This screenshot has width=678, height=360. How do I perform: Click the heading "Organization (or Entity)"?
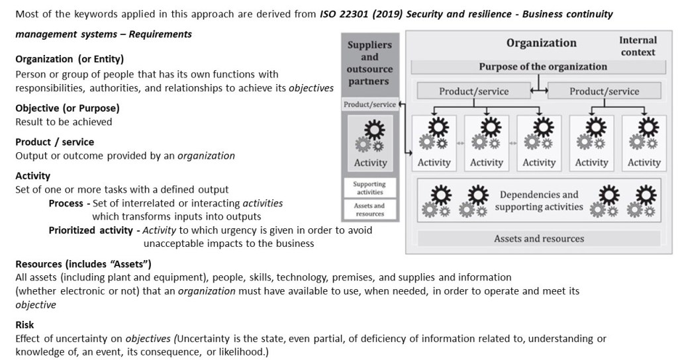pyautogui.click(x=70, y=59)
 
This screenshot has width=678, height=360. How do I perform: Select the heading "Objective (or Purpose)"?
pyautogui.click(x=68, y=108)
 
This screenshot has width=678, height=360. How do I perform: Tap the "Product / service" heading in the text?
pyautogui.click(x=54, y=142)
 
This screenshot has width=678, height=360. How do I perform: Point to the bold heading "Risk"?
pyautogui.click(x=24, y=324)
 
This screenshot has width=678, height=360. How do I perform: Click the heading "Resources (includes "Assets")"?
pyautogui.click(x=83, y=263)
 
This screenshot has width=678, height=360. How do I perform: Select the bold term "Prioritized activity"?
pyautogui.click(x=90, y=230)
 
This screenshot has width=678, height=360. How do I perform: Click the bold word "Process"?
pyautogui.click(x=66, y=203)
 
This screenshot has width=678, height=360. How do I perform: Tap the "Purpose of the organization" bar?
pyautogui.click(x=538, y=67)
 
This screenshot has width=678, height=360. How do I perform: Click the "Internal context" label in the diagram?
pyautogui.click(x=638, y=46)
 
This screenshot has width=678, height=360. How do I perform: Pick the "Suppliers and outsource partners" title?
pyautogui.click(x=369, y=63)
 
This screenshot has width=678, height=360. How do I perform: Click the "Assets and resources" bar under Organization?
pyautogui.click(x=539, y=238)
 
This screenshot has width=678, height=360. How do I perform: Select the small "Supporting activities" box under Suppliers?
pyautogui.click(x=369, y=188)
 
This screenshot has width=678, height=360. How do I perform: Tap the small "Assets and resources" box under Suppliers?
pyautogui.click(x=369, y=210)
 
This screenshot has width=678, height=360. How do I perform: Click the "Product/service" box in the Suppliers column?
pyautogui.click(x=369, y=104)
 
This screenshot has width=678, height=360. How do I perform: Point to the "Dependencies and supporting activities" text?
pyautogui.click(x=539, y=201)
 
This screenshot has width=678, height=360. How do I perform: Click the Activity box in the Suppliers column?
pyautogui.click(x=370, y=143)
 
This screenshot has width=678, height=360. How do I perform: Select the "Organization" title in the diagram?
pyautogui.click(x=542, y=43)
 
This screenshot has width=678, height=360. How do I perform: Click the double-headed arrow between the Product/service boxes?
pyautogui.click(x=539, y=91)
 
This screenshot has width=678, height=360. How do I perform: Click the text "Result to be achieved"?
pyautogui.click(x=64, y=122)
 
